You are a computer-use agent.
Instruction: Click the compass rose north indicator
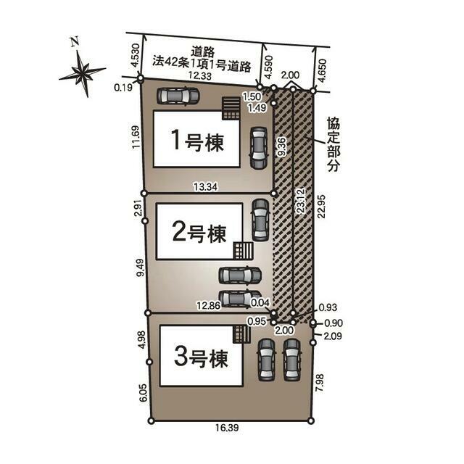82,72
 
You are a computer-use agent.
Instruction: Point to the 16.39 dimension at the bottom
227,427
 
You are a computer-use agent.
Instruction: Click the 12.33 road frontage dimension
200,75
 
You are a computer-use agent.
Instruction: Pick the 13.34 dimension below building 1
206,187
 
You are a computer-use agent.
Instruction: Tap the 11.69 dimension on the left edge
136,137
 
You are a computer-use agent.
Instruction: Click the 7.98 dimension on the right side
320,383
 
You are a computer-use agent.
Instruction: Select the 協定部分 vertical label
333,144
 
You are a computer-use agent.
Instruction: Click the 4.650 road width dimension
322,70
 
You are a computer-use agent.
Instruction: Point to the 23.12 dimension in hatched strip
301,202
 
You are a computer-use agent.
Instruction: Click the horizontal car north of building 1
178,96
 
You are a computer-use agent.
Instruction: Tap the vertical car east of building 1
259,148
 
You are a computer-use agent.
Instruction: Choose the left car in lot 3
266,360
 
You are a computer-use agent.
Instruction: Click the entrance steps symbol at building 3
241,334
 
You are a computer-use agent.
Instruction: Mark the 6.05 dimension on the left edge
143,393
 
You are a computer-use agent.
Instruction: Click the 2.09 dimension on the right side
333,336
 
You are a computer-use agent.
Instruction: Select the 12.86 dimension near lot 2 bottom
209,305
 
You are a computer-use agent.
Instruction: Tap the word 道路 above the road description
203,51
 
